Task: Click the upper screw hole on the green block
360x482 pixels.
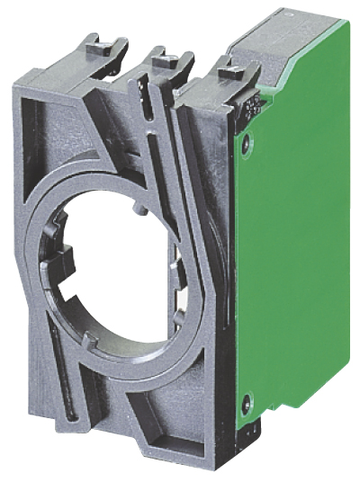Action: (x=247, y=138)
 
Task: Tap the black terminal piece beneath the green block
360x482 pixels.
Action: (x=255, y=432)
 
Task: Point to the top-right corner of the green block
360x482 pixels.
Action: (x=347, y=22)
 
